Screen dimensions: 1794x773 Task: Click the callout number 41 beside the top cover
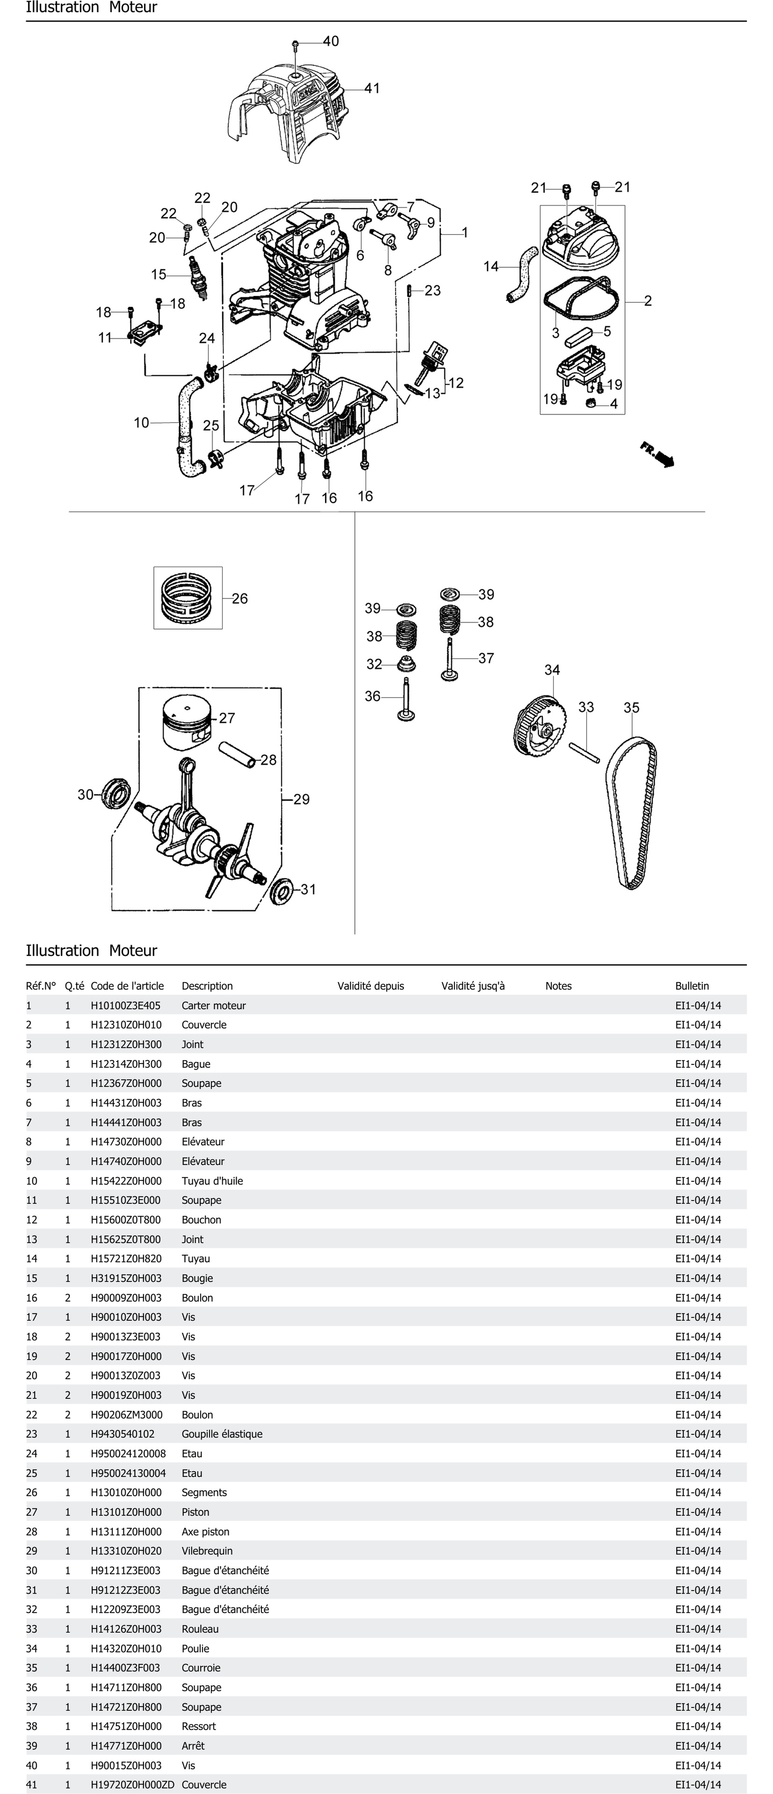pos(372,88)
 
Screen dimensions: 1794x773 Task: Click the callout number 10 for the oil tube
pos(141,422)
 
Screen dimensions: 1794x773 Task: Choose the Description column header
pos(207,985)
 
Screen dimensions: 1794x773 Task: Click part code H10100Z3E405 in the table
pos(125,1005)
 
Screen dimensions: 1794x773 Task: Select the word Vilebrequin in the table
pos(207,1550)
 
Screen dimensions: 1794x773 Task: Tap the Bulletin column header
pos(692,985)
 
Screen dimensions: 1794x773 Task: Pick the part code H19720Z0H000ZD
pos(132,1784)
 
